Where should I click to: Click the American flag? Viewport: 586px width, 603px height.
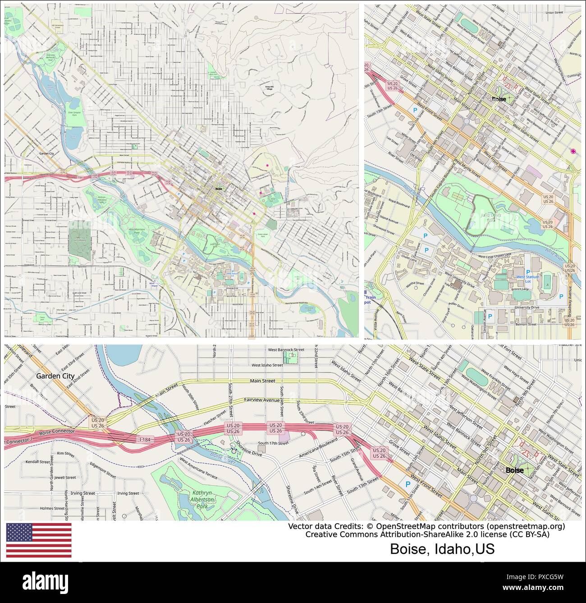tap(39, 540)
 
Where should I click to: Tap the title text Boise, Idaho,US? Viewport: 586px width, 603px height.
tap(442, 549)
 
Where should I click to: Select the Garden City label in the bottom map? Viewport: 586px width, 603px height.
tap(55, 375)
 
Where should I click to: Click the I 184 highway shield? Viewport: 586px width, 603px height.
tap(145, 439)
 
